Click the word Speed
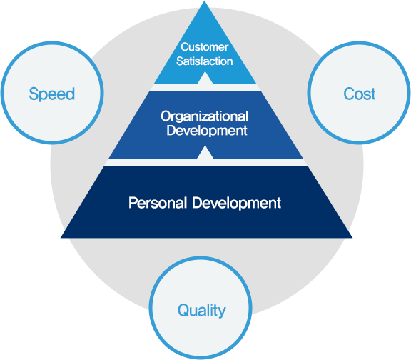point(52,94)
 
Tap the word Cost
point(360,94)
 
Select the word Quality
point(201,311)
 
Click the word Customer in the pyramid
point(205,47)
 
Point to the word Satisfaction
point(205,61)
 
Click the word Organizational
point(205,117)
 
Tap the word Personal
point(158,203)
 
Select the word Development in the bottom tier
point(236,204)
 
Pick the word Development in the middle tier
point(207,131)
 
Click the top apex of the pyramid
point(205,1)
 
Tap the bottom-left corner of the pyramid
point(61,238)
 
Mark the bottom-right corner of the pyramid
point(352,238)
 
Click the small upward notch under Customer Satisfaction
point(205,78)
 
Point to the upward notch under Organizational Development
point(205,152)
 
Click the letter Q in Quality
point(183,310)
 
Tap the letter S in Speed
point(34,94)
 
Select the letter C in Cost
point(349,94)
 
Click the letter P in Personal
point(133,203)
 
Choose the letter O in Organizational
point(166,116)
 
